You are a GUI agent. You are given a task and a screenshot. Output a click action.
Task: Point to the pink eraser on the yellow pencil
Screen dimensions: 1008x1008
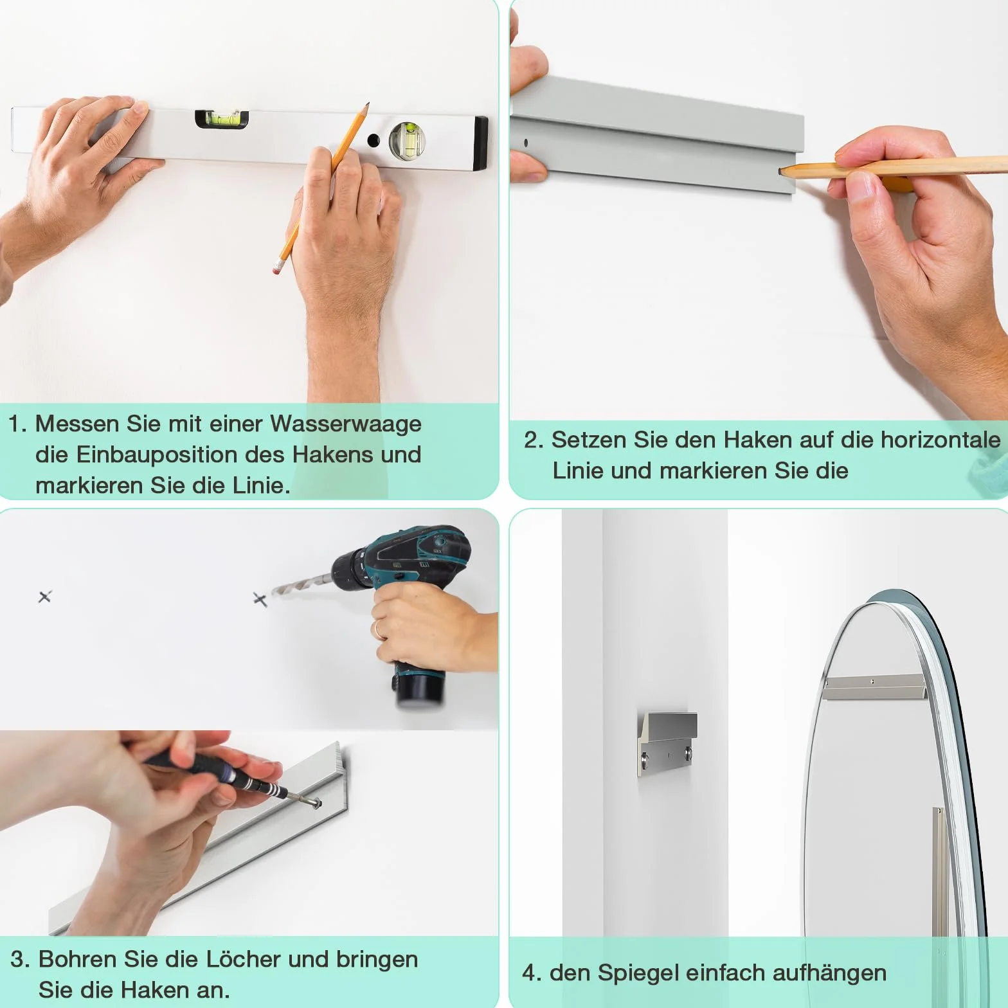coord(277,267)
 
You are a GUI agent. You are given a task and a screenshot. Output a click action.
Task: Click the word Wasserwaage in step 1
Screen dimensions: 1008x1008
coord(346,424)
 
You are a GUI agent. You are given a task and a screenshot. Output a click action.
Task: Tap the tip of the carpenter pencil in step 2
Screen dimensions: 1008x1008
coord(780,172)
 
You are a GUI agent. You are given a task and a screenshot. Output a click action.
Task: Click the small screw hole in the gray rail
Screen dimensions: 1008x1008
coord(525,143)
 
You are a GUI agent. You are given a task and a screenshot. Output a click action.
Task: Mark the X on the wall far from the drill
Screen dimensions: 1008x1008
coord(44,597)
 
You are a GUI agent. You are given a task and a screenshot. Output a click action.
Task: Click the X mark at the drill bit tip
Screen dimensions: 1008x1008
coord(260,600)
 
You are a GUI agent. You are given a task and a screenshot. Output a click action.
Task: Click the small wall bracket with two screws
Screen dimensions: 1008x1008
coord(667,744)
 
